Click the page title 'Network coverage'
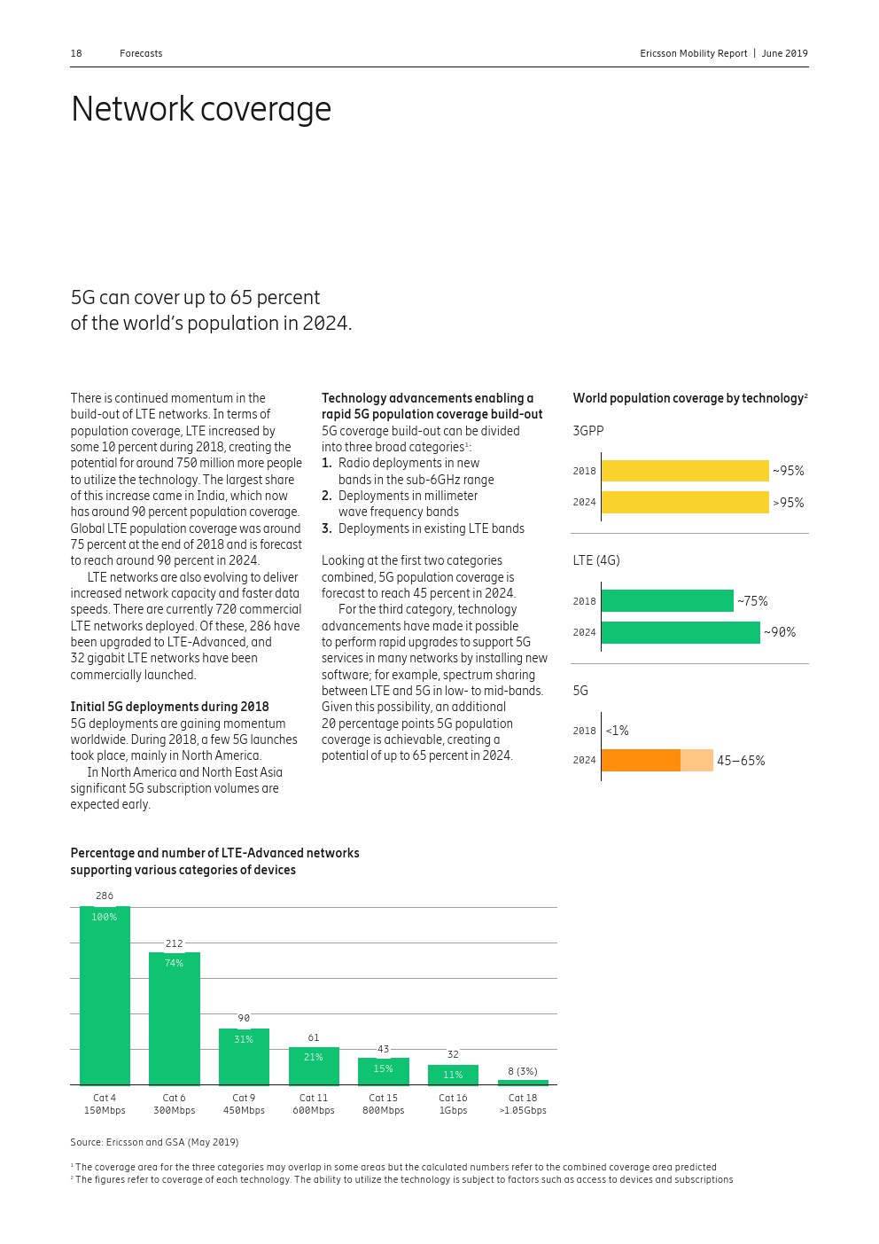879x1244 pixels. pyautogui.click(x=201, y=109)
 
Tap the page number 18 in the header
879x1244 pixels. pyautogui.click(x=76, y=53)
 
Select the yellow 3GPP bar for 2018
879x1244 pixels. pyautogui.click(x=684, y=471)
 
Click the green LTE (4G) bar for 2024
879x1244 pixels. pyautogui.click(x=680, y=632)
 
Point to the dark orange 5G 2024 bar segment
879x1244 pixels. pyautogui.click(x=641, y=761)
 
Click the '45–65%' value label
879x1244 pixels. pyautogui.click(x=741, y=761)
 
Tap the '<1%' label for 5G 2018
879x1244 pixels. pyautogui.click(x=617, y=731)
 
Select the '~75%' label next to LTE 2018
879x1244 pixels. pyautogui.click(x=752, y=601)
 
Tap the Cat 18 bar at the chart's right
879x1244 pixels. pyautogui.click(x=523, y=1082)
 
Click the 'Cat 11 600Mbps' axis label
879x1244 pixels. pyautogui.click(x=314, y=1104)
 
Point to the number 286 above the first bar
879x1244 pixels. pyautogui.click(x=105, y=896)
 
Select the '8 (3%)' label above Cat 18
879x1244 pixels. pyautogui.click(x=523, y=1071)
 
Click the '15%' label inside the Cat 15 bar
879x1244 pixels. pyautogui.click(x=383, y=1068)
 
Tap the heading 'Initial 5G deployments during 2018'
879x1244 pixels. pyautogui.click(x=169, y=707)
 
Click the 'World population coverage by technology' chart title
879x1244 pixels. pyautogui.click(x=688, y=398)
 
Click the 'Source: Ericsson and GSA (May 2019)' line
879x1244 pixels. pyautogui.click(x=154, y=1142)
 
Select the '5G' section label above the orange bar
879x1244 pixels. pyautogui.click(x=580, y=691)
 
